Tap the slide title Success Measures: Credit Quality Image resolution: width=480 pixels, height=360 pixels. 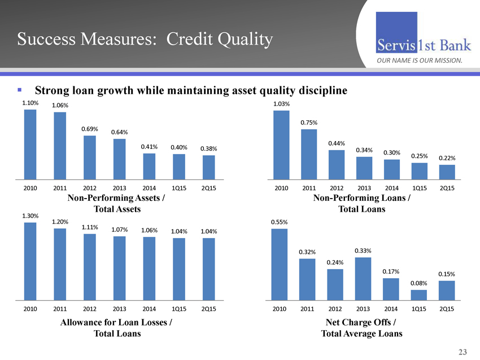click(x=145, y=39)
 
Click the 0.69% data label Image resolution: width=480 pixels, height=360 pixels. click(x=90, y=129)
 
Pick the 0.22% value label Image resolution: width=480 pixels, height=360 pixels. click(x=447, y=158)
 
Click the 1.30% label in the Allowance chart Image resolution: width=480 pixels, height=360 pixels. click(x=30, y=216)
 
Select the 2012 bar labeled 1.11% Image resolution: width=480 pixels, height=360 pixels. click(x=89, y=266)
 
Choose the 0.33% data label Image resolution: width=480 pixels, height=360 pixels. click(x=363, y=251)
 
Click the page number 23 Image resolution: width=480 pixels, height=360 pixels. click(x=463, y=352)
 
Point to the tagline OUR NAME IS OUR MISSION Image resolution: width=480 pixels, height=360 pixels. click(x=420, y=60)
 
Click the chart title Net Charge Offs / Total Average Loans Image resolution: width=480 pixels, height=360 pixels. click(x=362, y=328)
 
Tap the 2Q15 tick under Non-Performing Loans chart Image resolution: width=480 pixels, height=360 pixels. click(x=447, y=188)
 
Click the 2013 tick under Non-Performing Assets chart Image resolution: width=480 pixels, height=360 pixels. click(x=119, y=188)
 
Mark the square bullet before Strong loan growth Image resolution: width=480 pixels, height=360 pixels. click(x=19, y=90)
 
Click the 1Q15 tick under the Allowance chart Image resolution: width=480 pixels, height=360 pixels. click(x=179, y=309)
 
